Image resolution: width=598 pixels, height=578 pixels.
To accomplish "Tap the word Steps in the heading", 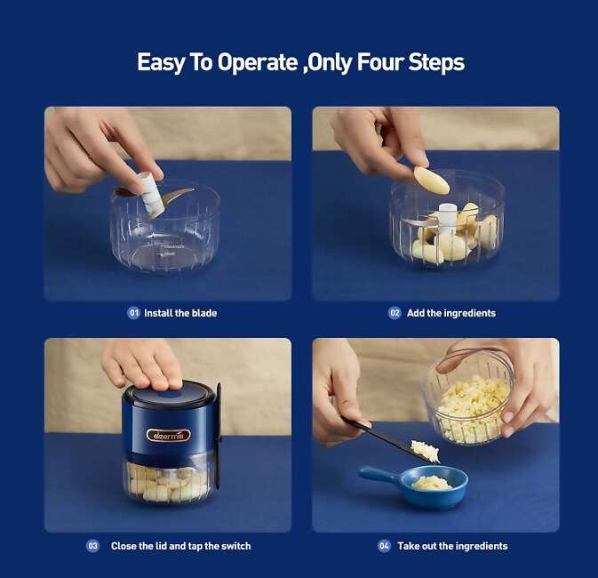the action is [x=436, y=62].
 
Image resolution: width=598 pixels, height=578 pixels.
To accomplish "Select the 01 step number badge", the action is [x=133, y=313].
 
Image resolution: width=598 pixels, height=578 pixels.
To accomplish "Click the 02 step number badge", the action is [x=395, y=313].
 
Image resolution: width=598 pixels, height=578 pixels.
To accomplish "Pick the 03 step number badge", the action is [x=92, y=546].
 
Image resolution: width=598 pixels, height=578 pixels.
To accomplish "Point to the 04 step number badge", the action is [x=384, y=546].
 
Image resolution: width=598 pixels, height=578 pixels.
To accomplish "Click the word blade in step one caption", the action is [x=204, y=313].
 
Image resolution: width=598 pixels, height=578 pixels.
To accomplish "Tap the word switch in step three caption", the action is [x=236, y=546].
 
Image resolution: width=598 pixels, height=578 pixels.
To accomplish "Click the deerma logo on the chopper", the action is [x=168, y=435].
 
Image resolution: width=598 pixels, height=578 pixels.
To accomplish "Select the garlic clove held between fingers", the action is [x=431, y=181].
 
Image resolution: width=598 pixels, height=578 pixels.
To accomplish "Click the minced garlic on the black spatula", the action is [x=426, y=451].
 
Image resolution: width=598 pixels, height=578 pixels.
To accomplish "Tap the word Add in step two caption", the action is [x=415, y=313].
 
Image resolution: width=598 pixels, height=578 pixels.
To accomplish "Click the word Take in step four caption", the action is [x=408, y=546].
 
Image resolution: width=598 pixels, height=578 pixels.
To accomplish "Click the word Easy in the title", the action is [x=161, y=63].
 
